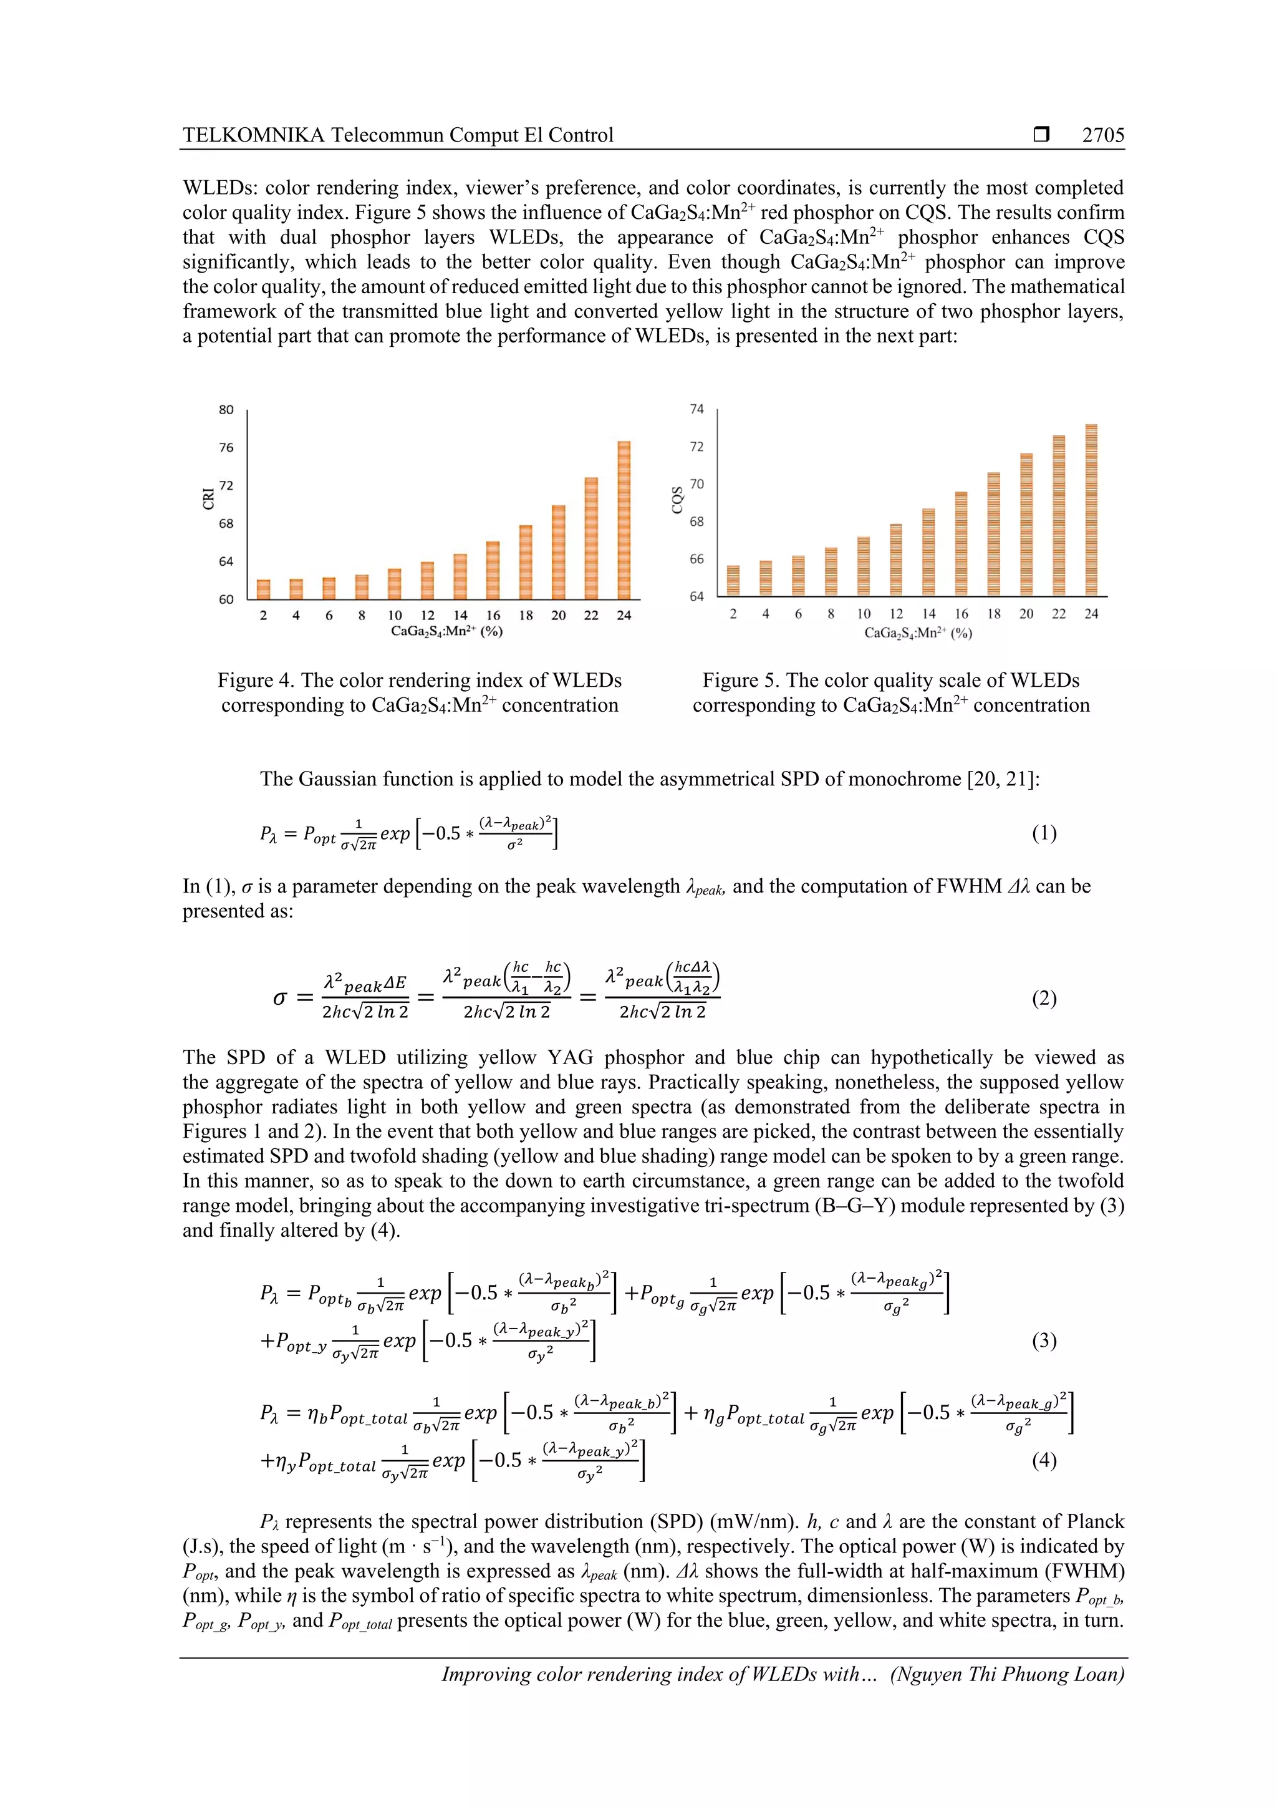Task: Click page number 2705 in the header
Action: click(1102, 135)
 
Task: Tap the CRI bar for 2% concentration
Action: click(264, 589)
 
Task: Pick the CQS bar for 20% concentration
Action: click(1026, 524)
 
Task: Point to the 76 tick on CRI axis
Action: click(226, 448)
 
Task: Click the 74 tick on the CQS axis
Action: click(696, 409)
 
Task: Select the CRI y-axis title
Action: click(208, 499)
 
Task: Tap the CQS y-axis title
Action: click(677, 500)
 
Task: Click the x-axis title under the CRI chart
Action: click(446, 631)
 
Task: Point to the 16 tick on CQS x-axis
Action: click(961, 614)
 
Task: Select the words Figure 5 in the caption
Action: click(740, 680)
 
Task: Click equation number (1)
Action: click(1043, 833)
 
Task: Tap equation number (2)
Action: click(1043, 999)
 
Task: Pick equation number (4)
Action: click(1043, 1461)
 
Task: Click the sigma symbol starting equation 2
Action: click(280, 999)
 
